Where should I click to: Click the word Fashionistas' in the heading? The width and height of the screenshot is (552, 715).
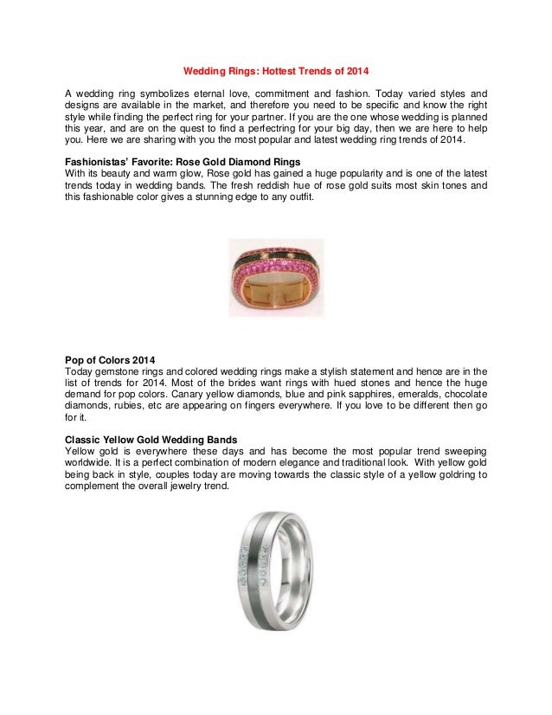[99, 161]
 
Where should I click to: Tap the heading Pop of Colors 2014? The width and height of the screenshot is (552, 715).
[111, 359]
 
